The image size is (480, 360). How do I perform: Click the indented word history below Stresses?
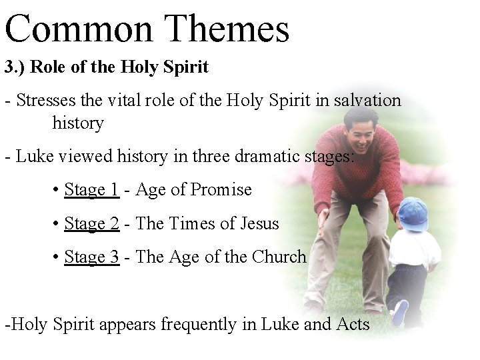(78, 123)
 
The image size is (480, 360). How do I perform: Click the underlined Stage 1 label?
(91, 190)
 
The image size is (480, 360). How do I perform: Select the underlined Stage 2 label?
(91, 223)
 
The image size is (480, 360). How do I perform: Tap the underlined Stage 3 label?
(91, 257)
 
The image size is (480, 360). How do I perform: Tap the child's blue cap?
(413, 213)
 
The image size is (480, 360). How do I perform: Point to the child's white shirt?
(417, 250)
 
